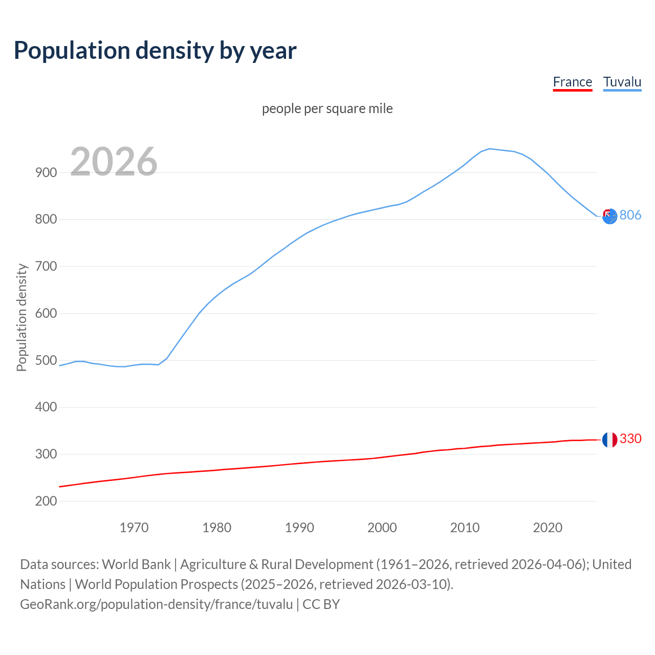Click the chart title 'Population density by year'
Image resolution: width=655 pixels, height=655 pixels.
pos(155,51)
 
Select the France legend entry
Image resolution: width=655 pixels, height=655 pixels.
pos(572,82)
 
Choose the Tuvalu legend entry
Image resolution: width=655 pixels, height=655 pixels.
pos(622,82)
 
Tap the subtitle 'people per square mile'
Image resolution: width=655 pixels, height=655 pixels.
pos(327,108)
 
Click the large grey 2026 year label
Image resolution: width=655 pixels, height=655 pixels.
pos(114,162)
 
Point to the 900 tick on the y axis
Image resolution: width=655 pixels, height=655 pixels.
pos(46,172)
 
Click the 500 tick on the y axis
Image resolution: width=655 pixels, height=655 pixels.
pos(46,360)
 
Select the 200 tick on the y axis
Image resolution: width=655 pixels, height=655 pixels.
pos(46,501)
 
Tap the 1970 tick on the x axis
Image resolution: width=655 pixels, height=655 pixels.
pos(134,528)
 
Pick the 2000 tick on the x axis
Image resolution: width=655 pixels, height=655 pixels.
pos(382,528)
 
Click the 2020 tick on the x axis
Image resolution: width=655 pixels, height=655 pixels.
pos(548,528)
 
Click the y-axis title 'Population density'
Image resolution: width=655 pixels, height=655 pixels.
pos(21,317)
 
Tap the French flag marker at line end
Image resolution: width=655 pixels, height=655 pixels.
pos(609,440)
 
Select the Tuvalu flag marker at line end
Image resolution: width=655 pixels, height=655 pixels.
pos(609,216)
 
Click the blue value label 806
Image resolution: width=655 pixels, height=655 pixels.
pos(630,215)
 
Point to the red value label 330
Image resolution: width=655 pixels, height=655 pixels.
pos(630,439)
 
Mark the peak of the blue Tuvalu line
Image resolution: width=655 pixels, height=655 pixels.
pos(490,149)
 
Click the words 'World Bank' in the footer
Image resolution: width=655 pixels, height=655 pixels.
pos(136,564)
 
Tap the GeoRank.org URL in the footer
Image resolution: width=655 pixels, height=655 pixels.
pos(156,604)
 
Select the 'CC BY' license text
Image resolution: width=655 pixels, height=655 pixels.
pos(321,604)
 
